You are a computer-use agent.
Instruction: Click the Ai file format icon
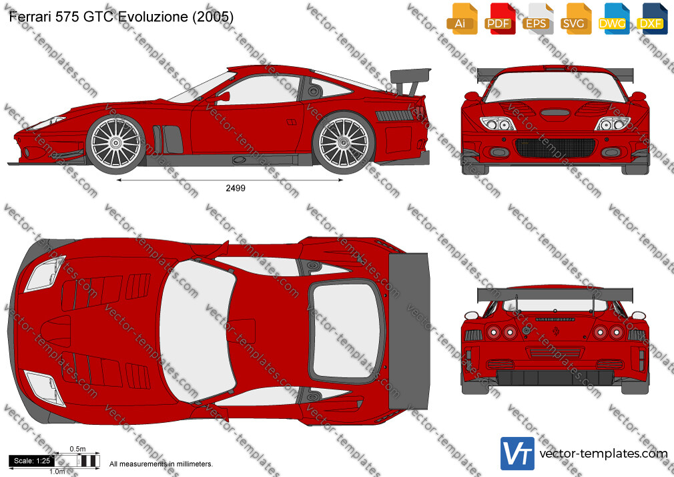point(462,19)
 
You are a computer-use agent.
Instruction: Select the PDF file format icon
point(499,19)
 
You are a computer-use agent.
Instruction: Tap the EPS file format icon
point(537,19)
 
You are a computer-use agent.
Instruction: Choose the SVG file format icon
point(575,19)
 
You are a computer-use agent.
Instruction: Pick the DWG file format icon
point(613,19)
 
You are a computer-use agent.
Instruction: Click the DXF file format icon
point(652,19)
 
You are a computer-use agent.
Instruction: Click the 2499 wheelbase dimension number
point(236,188)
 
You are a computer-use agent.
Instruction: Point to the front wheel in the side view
point(115,144)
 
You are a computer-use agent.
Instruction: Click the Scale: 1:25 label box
point(32,461)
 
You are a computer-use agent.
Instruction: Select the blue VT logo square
point(518,454)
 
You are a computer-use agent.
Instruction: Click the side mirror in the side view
point(222,98)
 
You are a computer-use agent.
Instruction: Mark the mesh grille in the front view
point(555,148)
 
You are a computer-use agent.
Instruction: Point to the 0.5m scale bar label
point(78,449)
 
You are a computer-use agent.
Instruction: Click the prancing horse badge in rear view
point(556,331)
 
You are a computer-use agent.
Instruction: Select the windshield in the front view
point(555,86)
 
